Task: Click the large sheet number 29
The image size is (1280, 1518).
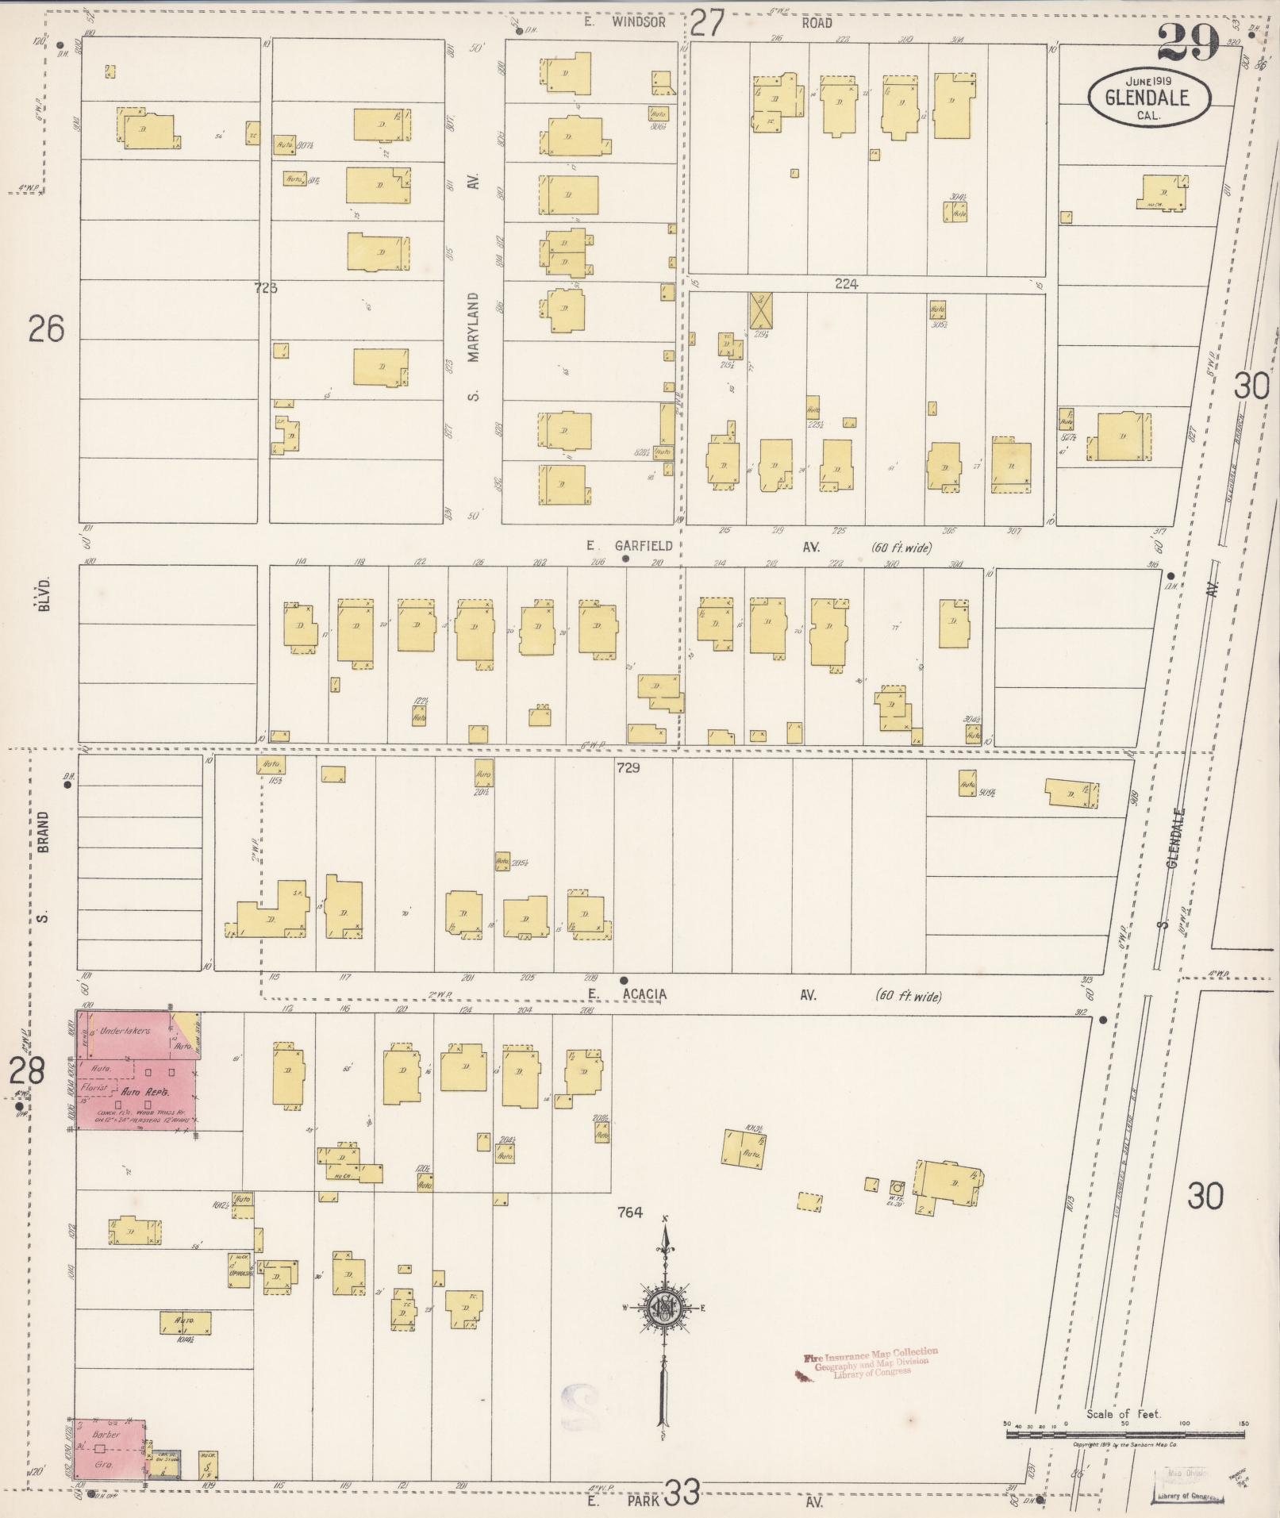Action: [1187, 41]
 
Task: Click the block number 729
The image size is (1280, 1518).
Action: [627, 767]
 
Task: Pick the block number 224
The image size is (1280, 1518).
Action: [847, 283]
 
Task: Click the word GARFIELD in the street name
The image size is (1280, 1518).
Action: [643, 545]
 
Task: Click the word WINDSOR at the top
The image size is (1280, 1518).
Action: [638, 22]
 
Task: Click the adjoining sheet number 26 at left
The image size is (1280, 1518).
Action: [45, 328]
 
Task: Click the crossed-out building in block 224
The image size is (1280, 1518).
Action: [762, 310]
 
